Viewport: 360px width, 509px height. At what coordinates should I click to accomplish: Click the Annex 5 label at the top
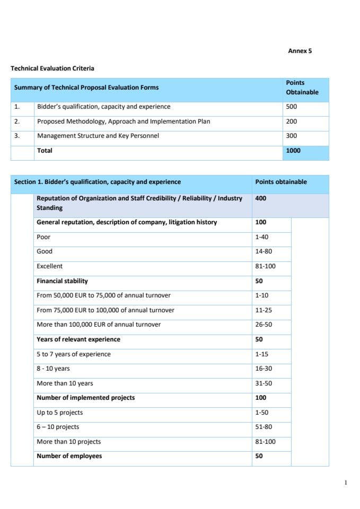coord(300,51)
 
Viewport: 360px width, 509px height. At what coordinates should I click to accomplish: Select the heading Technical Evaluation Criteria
coord(52,68)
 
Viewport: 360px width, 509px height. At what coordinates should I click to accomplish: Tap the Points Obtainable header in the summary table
coord(302,87)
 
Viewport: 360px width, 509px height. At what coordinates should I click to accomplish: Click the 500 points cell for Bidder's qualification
coord(291,107)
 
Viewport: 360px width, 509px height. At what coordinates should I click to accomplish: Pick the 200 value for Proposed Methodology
coord(291,121)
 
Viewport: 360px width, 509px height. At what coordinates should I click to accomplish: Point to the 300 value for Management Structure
coord(291,136)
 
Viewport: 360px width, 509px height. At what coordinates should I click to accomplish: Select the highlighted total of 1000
coord(293,151)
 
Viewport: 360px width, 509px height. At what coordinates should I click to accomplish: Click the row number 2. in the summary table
coord(17,121)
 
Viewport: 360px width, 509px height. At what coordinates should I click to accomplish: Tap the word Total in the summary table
coord(45,151)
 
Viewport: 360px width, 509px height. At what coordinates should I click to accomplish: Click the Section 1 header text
coord(97,182)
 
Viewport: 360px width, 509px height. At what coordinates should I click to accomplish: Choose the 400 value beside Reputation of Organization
coord(260,198)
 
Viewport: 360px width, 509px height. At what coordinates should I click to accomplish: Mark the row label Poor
coord(43,237)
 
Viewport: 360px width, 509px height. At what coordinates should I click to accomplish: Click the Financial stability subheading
coord(62,281)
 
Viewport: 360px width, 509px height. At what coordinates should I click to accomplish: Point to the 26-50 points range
coord(264,324)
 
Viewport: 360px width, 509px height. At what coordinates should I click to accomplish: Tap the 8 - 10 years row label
coord(53,368)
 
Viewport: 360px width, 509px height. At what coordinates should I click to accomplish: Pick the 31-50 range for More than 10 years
coord(264,383)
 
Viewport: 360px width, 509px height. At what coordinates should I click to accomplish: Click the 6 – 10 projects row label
coord(58,427)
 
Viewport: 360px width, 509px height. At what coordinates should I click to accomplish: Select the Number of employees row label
coord(69,456)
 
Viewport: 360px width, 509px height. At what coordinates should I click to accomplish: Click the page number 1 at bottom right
coord(346,482)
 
